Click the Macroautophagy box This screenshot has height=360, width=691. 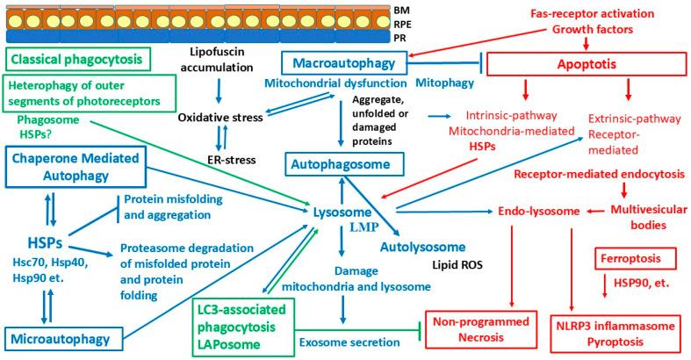pos(343,63)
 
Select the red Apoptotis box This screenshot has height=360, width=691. pos(587,64)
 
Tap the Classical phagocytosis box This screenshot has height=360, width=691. pos(78,59)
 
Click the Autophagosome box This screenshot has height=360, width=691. pos(344,164)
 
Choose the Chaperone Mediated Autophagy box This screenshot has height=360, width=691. pos(76,168)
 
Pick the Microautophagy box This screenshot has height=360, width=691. pos(63,339)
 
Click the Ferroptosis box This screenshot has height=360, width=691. pos(636,258)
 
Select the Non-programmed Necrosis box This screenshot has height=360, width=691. pos(481,330)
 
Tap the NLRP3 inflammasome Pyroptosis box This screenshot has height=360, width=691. pos(615,334)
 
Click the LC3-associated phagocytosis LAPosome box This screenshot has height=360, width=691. pos(243,327)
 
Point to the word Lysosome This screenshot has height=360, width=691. pos(342,212)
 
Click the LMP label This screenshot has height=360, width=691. pos(364,227)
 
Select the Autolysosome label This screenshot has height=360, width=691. pos(422,247)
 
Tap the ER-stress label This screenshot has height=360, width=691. pos(232,160)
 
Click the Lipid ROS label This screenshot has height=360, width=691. pos(457,265)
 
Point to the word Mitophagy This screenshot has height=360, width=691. pos(444,83)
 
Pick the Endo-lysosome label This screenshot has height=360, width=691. pos(539,211)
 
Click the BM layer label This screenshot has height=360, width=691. pos(401,10)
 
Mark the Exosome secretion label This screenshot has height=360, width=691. pos(350,342)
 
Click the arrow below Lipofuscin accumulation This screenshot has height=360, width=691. pos(218,91)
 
